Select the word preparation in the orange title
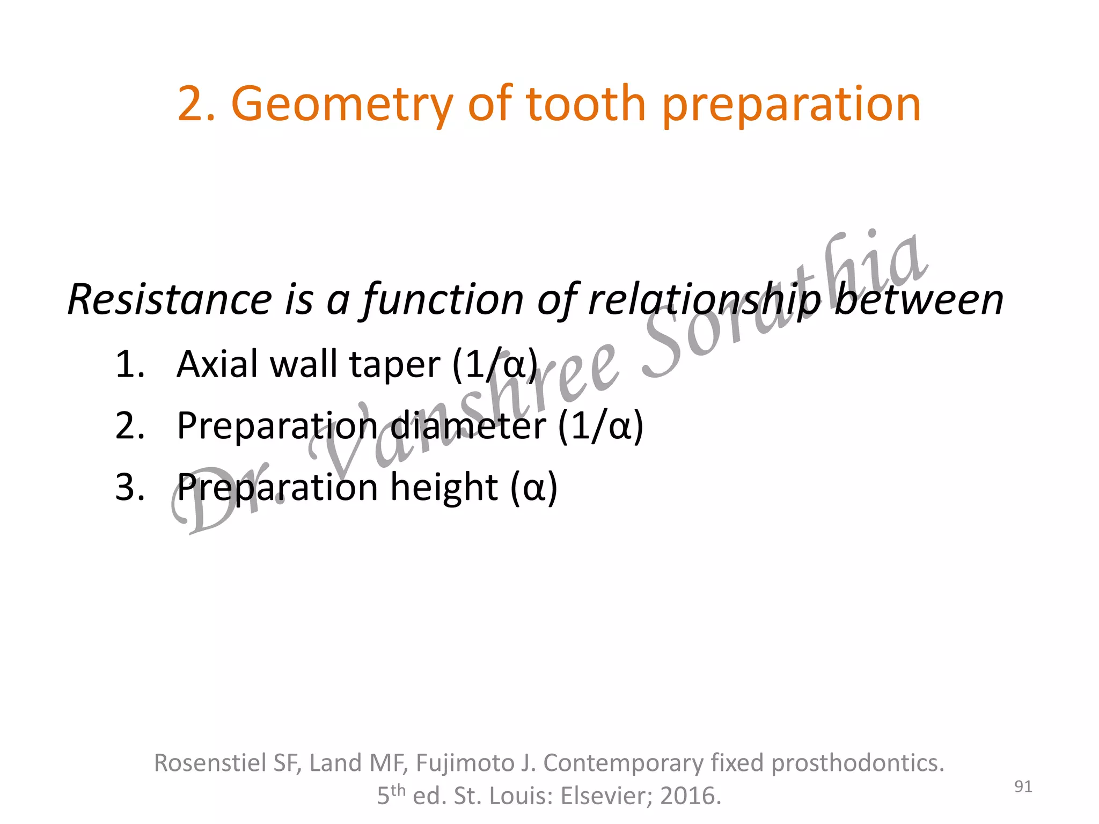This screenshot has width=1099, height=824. point(792,105)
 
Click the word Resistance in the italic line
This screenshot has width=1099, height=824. point(170,299)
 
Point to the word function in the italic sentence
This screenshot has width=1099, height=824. point(443,299)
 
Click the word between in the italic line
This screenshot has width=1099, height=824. point(918,299)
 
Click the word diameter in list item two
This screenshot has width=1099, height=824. point(468,425)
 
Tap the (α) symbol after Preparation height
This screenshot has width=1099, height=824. point(534,487)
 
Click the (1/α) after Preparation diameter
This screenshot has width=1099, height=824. point(600,426)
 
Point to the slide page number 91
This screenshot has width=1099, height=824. point(1023,786)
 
